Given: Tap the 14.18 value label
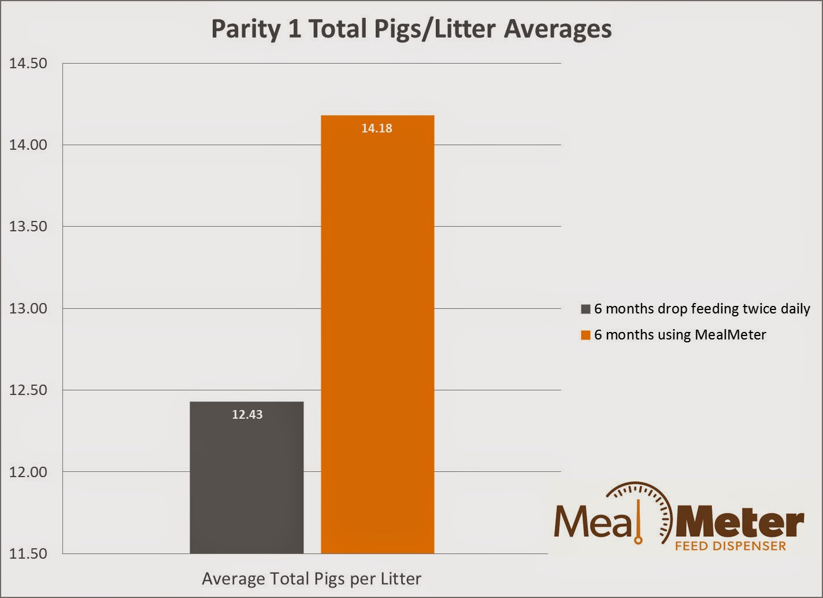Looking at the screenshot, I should [377, 128].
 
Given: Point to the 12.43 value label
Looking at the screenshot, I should [247, 415].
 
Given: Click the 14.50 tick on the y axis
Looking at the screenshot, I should [28, 63].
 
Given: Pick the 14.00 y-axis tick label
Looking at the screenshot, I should [28, 145].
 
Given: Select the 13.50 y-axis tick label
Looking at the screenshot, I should [28, 227].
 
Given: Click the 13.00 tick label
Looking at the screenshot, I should [28, 308].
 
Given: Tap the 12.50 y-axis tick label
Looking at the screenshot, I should [28, 390].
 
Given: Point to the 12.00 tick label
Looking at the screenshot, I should [28, 472].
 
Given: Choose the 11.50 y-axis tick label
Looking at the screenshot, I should [28, 553].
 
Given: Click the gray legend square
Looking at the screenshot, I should [585, 309].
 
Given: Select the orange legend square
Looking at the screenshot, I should [585, 335].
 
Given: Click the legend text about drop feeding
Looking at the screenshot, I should [702, 309].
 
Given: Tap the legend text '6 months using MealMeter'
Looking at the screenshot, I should [680, 335].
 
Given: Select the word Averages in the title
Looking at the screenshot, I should [558, 29].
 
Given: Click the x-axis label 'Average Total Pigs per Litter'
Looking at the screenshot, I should [312, 579].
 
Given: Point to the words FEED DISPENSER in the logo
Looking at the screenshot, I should [731, 546].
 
